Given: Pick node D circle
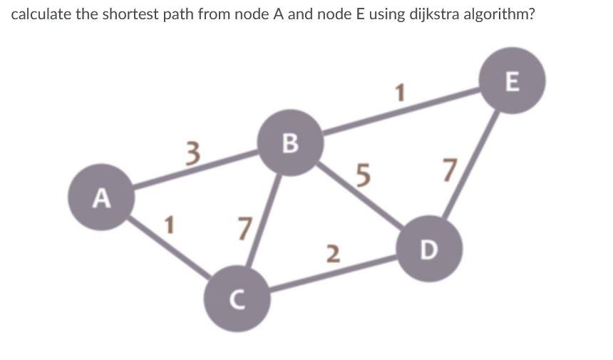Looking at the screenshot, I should click(429, 249).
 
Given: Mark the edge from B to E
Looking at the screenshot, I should click(403, 111).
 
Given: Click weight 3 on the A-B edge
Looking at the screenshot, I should click(190, 153).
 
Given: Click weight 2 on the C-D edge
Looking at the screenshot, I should click(331, 252).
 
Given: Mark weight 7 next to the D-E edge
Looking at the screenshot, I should click(448, 170).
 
